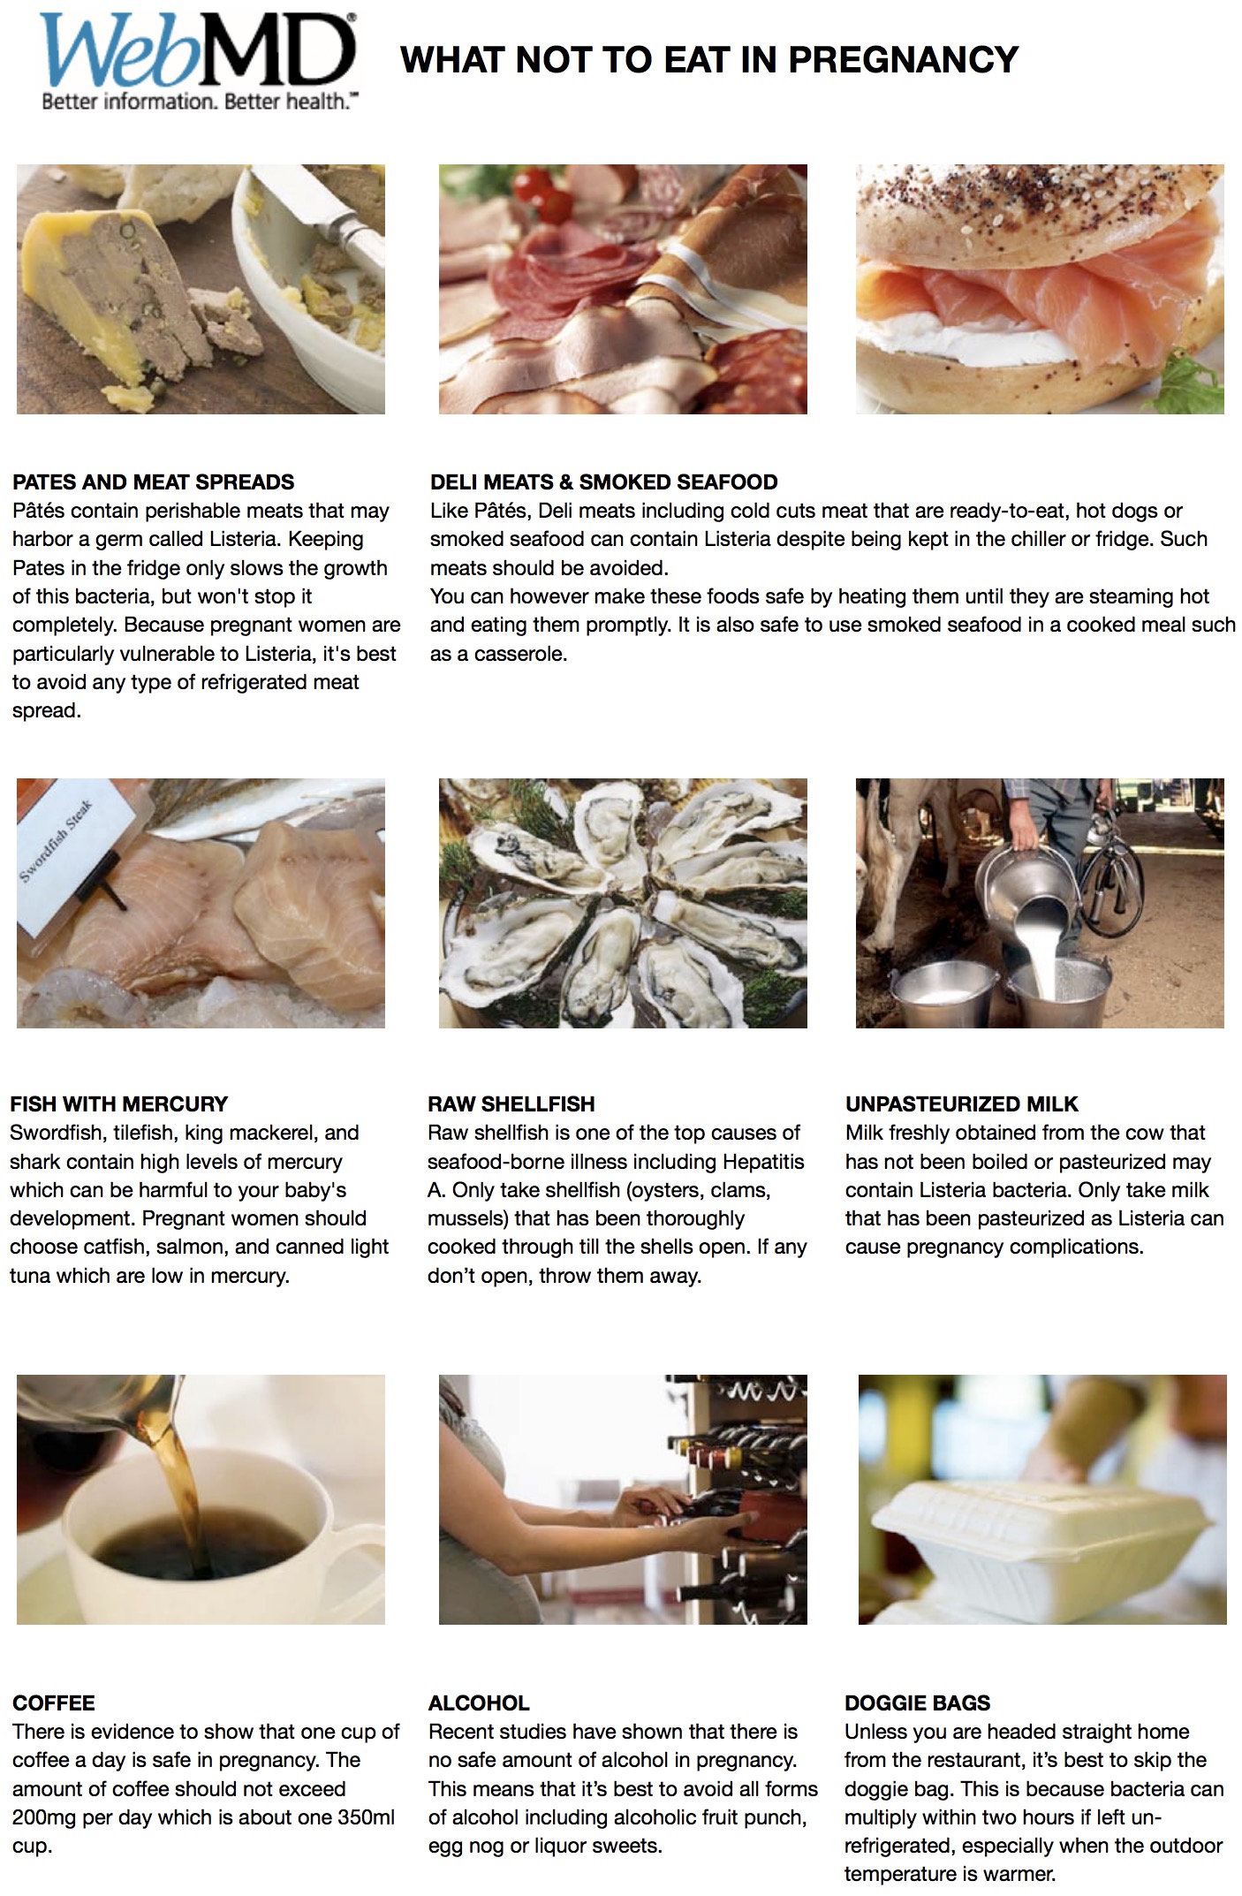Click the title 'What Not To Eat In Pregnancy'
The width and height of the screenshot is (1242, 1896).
(709, 60)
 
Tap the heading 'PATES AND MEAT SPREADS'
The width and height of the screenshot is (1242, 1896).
(153, 482)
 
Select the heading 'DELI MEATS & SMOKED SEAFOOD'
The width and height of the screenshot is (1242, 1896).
(603, 482)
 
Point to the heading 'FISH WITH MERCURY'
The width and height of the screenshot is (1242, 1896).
(118, 1103)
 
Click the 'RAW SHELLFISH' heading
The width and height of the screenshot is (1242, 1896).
(511, 1103)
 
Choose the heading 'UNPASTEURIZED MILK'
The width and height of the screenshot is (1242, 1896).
(961, 1103)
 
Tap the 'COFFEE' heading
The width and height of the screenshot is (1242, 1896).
(53, 1703)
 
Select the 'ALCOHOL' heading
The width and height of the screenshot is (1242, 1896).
(478, 1703)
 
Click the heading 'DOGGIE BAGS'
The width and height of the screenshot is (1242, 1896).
(917, 1703)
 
